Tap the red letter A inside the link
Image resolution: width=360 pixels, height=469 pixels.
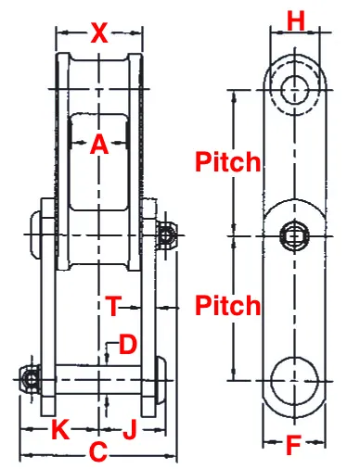pyautogui.click(x=98, y=145)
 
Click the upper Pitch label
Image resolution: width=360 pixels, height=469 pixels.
pyautogui.click(x=228, y=162)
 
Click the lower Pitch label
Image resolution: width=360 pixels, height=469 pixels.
pyautogui.click(x=228, y=305)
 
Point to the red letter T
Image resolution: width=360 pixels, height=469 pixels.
pyautogui.click(x=112, y=305)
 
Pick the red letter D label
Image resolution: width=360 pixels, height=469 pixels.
pyautogui.click(x=127, y=345)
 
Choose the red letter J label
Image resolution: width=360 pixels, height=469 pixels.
pyautogui.click(x=130, y=429)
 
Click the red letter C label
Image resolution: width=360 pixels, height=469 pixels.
pyautogui.click(x=96, y=454)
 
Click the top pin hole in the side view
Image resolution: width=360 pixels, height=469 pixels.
pyautogui.click(x=295, y=90)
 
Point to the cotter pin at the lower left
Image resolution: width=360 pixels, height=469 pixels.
pyautogui.click(x=31, y=380)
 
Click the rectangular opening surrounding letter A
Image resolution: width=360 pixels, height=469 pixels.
pyautogui.click(x=98, y=162)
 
